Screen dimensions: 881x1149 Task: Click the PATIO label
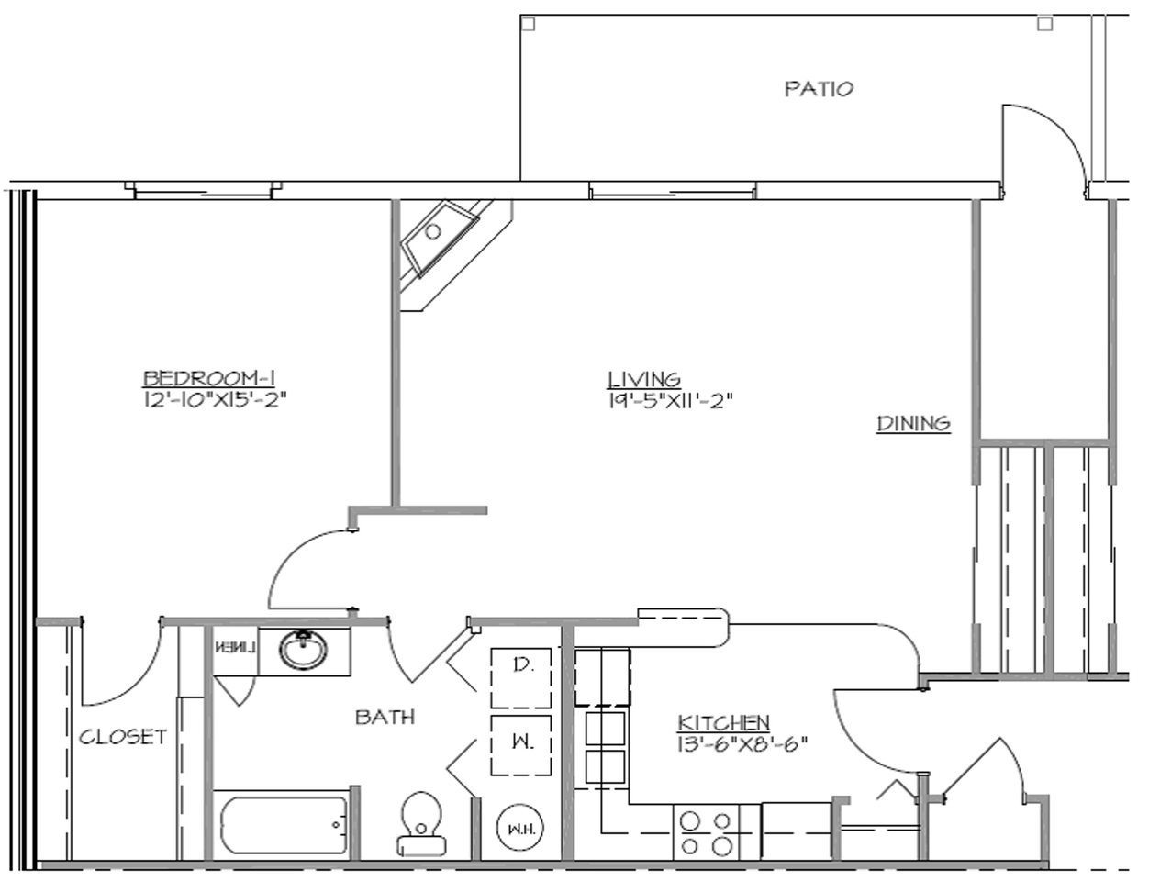coord(819,89)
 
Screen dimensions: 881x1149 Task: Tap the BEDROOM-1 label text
coord(209,377)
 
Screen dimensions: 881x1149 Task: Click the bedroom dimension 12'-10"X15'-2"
coord(209,399)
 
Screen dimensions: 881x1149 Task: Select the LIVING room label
coord(644,378)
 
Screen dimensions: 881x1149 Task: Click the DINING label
coord(913,423)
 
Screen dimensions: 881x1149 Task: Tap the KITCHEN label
coord(723,722)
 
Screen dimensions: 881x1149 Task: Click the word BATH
coord(385,717)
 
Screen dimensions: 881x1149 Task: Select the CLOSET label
coord(123,736)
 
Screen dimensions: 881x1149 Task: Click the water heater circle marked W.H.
coord(521,829)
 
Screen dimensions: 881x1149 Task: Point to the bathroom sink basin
coord(303,652)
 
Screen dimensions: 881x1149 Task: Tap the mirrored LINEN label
coord(235,646)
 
